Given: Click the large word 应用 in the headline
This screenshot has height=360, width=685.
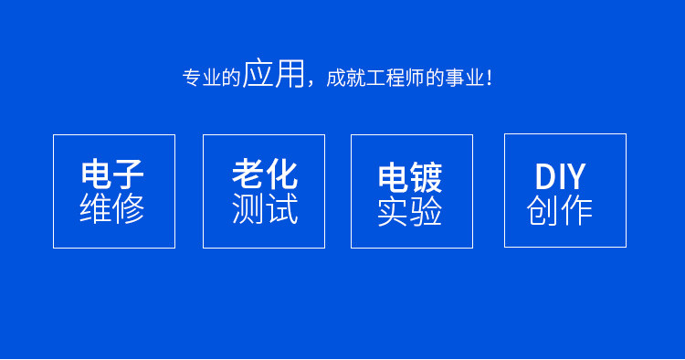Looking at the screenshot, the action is coord(273,73).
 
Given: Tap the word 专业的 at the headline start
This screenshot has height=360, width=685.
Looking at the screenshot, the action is coord(212,78).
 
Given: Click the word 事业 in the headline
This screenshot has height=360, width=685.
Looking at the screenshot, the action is coord(464,78).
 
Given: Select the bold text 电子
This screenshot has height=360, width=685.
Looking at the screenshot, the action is coord(112,174).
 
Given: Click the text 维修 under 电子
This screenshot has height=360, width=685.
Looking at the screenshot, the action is coord(112,208).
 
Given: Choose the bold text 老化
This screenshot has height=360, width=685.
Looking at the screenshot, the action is coord(265,175).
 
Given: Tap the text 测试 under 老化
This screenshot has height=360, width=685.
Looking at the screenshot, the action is coord(265,208).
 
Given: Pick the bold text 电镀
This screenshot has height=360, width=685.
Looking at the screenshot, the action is coord(410,177).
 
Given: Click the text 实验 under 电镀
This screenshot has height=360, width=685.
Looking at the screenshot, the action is coord(410,211).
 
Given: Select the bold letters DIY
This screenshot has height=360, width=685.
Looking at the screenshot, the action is coord(560,176).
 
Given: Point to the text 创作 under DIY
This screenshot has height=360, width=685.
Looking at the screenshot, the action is coord(560,210).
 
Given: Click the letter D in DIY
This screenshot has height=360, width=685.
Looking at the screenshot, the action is coord(545,176).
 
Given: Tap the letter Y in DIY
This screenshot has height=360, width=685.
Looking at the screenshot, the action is coord(574,176).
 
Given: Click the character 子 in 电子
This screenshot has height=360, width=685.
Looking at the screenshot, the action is coord(129,174).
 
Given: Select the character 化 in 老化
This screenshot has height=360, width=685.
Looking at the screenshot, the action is coord(282,175).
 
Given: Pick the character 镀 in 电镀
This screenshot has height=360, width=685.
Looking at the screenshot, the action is coord(427,177).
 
